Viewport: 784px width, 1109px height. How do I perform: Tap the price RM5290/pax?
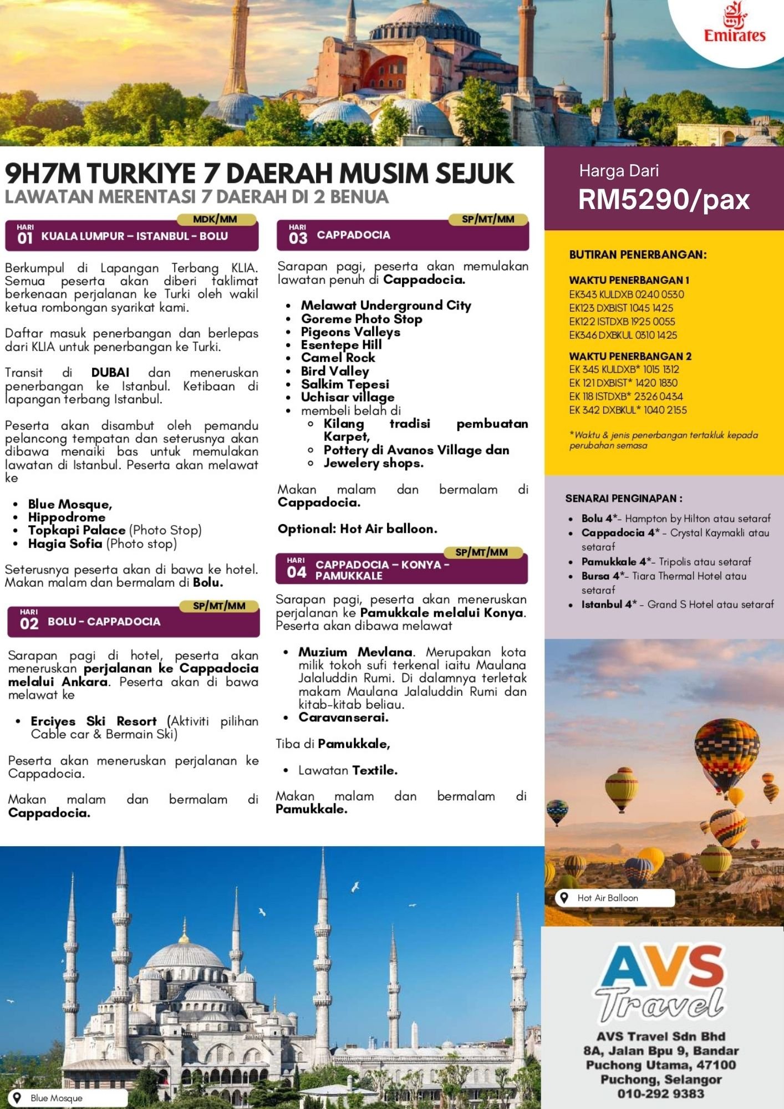(664, 200)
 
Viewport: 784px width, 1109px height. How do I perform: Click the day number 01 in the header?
(25, 238)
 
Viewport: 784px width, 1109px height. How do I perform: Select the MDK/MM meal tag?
(215, 220)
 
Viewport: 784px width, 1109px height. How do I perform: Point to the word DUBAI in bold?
(110, 373)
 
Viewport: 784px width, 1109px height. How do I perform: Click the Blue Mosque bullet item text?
(70, 505)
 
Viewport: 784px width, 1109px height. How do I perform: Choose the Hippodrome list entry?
(67, 517)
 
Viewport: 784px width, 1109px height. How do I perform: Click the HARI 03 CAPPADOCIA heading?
(353, 236)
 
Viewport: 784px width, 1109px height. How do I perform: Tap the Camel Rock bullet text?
(338, 358)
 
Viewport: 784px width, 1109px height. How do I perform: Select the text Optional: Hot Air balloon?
(357, 529)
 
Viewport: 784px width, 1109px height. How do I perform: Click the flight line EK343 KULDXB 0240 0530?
(627, 294)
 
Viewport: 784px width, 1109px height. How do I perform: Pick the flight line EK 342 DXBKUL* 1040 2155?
(628, 410)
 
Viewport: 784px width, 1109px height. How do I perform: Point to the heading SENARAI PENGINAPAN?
(624, 498)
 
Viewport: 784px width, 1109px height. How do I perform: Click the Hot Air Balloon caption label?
(608, 898)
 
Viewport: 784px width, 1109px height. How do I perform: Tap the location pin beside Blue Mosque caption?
(17, 1097)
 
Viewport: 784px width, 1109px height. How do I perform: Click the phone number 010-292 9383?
(661, 1093)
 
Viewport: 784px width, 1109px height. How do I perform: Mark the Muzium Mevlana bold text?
(355, 652)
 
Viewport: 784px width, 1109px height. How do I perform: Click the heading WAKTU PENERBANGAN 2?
(630, 356)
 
